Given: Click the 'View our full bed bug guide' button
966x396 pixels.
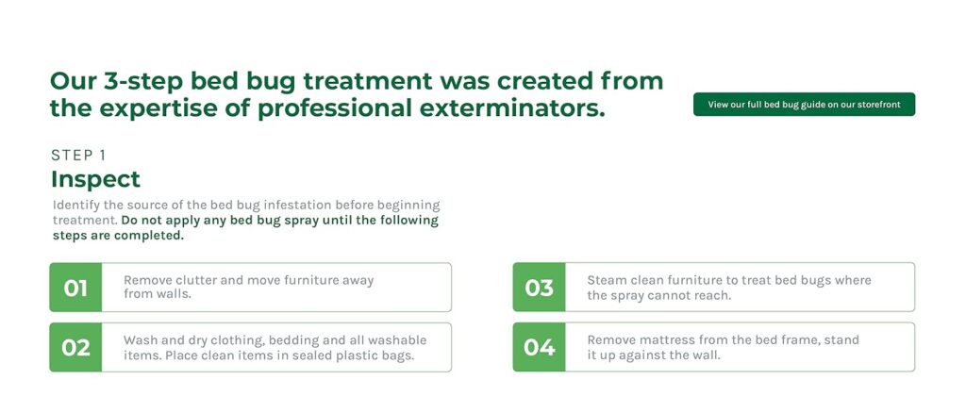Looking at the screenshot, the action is click(804, 104).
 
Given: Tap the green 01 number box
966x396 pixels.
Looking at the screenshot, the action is click(75, 287).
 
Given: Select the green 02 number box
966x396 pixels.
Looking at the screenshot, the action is click(75, 347).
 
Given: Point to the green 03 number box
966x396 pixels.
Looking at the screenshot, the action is click(539, 287).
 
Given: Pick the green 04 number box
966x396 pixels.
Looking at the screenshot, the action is click(539, 347).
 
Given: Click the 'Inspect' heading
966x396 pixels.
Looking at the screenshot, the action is click(95, 179).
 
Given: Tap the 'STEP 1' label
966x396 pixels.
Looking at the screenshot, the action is click(78, 156).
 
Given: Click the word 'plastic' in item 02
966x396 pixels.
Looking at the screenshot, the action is click(356, 355).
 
